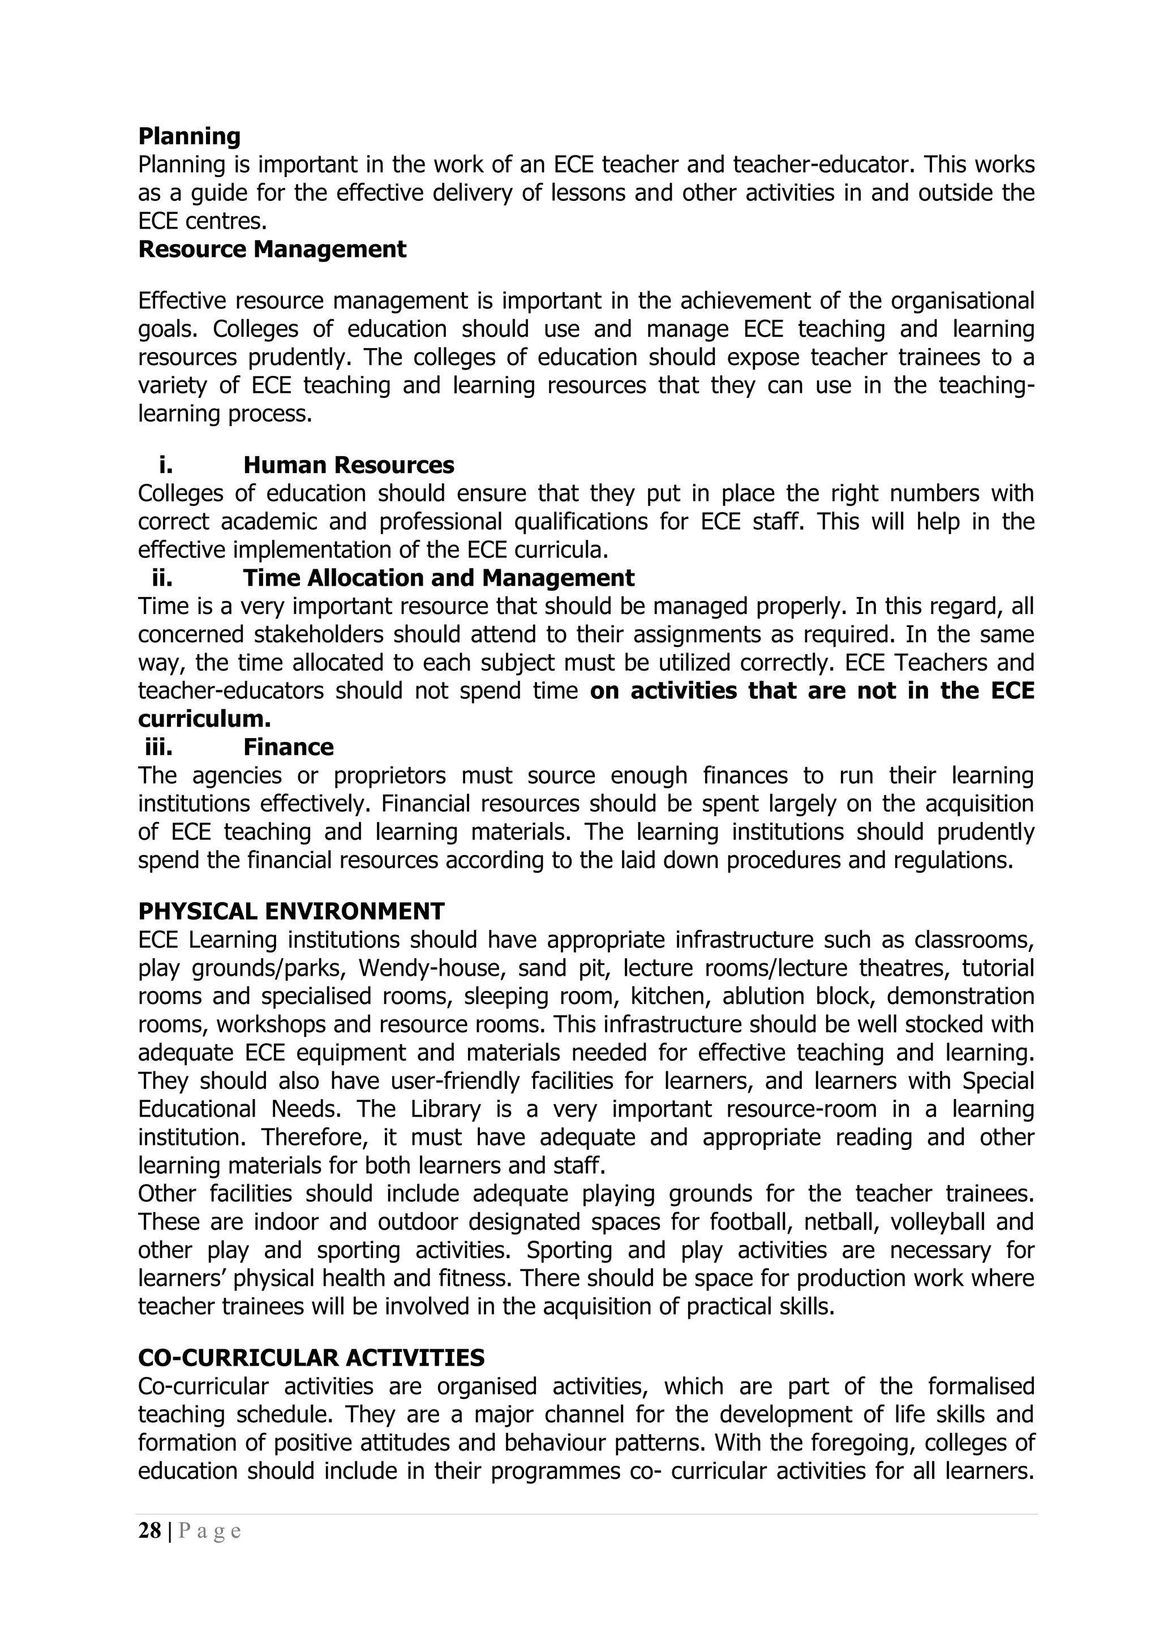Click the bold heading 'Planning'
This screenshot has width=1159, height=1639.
189,136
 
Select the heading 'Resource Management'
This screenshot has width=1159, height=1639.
272,249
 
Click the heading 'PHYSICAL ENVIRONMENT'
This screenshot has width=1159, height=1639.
291,912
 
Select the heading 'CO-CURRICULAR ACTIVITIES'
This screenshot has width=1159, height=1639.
311,1357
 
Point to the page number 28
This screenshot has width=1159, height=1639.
150,1531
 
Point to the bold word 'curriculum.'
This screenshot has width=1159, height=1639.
204,719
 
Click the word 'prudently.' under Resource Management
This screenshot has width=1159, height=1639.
304,357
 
